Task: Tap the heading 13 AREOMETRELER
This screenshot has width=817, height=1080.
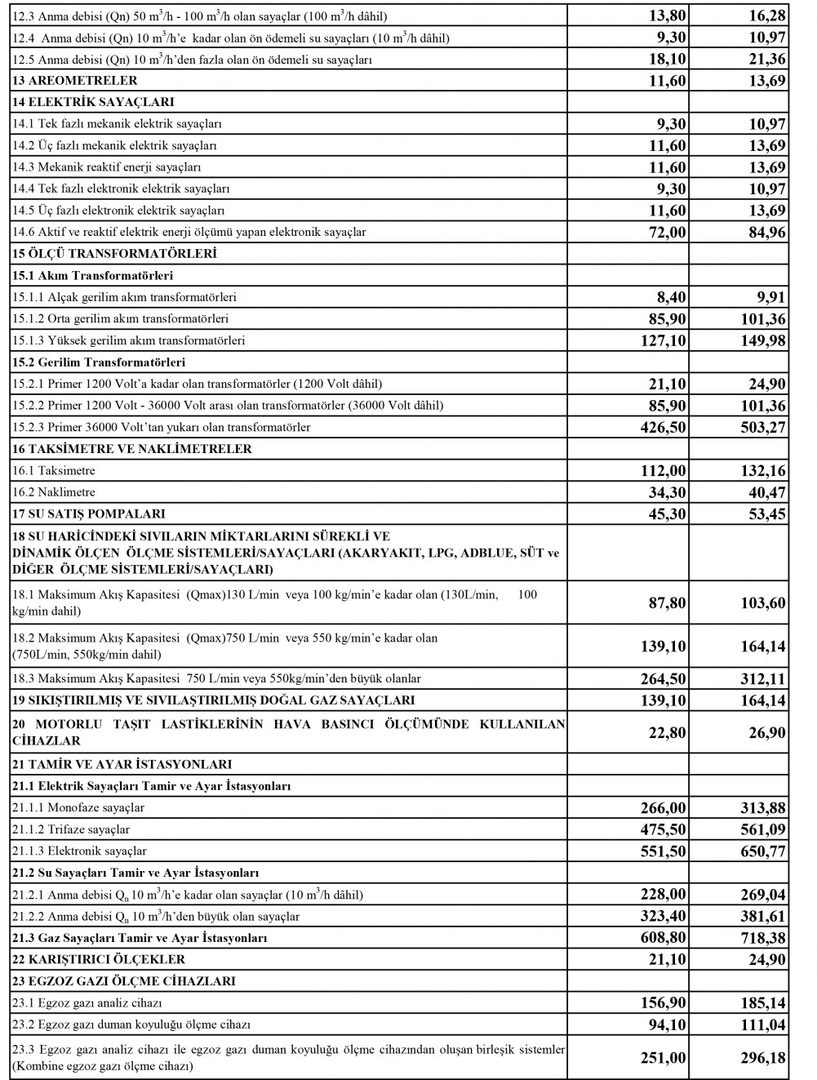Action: pos(74,81)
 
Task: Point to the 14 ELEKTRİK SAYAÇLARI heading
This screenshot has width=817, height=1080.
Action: pos(93,102)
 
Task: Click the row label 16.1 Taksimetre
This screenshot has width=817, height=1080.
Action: pos(54,471)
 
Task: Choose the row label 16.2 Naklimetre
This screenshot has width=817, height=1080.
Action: pos(54,492)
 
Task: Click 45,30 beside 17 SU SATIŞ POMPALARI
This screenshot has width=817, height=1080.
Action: pos(666,514)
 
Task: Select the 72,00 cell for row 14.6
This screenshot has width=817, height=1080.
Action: pos(666,232)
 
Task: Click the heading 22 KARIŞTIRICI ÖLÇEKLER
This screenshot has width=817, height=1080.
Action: pos(99,959)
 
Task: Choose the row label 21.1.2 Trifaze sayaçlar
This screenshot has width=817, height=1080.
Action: pos(71,829)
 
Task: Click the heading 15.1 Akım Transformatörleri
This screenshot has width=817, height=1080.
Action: pos(92,275)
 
